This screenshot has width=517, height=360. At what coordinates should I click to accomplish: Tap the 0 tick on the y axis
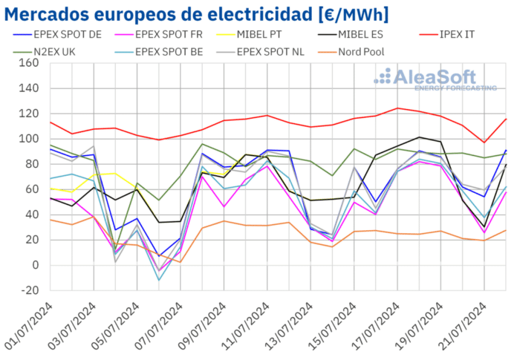point(33,265)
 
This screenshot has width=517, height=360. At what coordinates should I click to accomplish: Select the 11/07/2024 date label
point(249,327)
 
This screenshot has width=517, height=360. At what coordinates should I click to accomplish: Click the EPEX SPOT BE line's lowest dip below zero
point(158,280)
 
